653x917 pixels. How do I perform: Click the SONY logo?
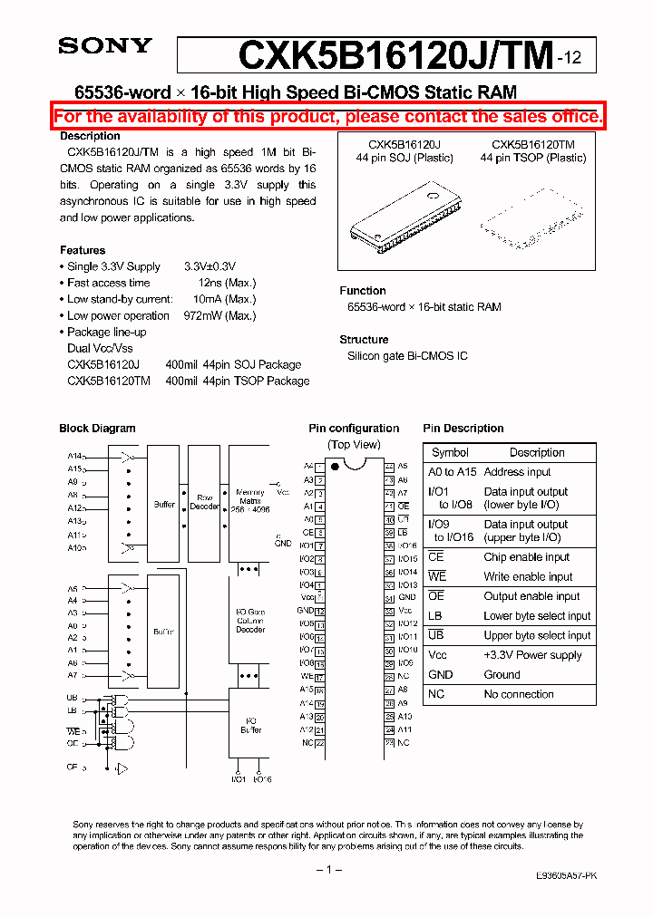point(105,46)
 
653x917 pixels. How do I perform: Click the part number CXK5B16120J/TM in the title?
point(395,56)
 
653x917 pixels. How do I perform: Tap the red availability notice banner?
point(327,117)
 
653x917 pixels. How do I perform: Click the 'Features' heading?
point(83,250)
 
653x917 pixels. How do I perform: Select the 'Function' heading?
point(363,291)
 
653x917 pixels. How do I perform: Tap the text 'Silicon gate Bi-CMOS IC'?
point(407,356)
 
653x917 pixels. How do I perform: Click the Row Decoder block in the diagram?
point(204,502)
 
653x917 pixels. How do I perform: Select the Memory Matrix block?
point(249,504)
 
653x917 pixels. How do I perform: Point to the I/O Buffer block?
point(251,725)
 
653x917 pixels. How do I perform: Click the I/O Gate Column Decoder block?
point(251,621)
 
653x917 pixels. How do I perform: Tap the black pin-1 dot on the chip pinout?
point(335,467)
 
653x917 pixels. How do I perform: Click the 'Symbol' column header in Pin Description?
point(450,452)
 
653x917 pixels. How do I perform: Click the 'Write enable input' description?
point(528,576)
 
